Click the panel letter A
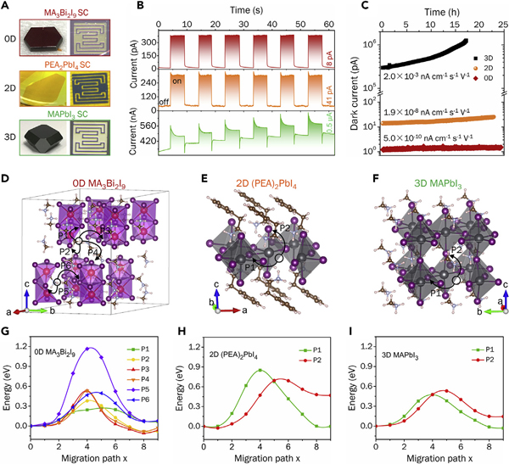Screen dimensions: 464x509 click(x=8, y=7)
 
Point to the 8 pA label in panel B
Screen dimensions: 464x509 click(x=327, y=59)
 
